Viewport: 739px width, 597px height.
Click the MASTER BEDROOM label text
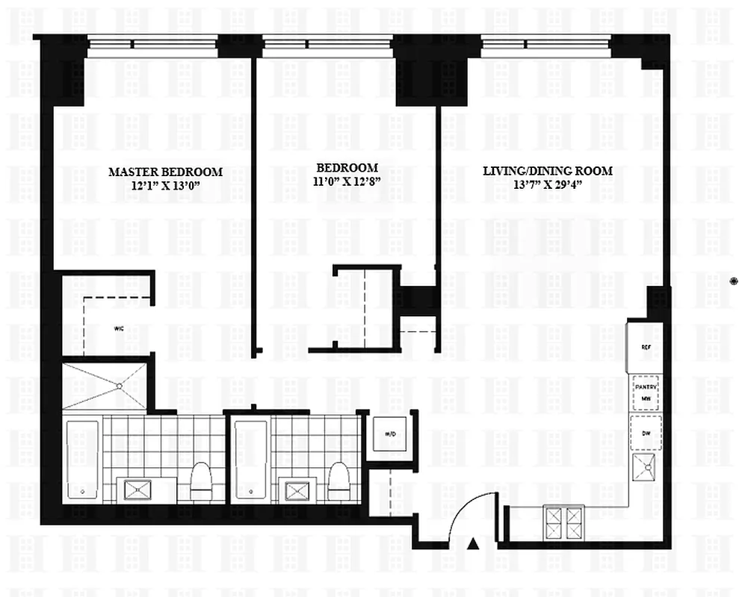pos(165,172)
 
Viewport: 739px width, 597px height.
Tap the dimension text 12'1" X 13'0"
pos(165,184)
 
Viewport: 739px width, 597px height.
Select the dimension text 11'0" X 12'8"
pos(346,181)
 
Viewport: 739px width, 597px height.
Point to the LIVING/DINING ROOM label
pos(547,171)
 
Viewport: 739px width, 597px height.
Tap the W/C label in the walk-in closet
pos(119,328)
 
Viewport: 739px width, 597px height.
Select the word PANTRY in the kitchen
pos(645,387)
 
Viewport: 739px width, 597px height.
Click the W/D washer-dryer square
pos(389,434)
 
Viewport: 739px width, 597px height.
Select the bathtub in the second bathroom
pos(250,459)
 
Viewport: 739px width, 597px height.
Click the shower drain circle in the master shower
pos(120,386)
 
